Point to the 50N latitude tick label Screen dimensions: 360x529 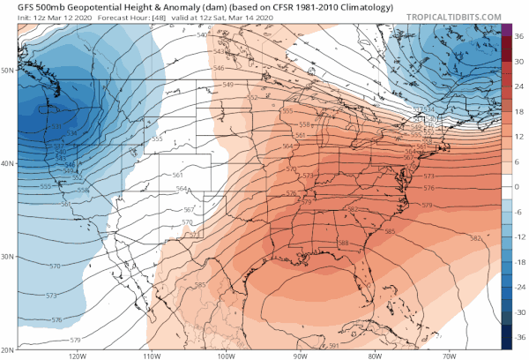coord(8,70)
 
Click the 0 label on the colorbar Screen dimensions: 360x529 coord(518,187)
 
